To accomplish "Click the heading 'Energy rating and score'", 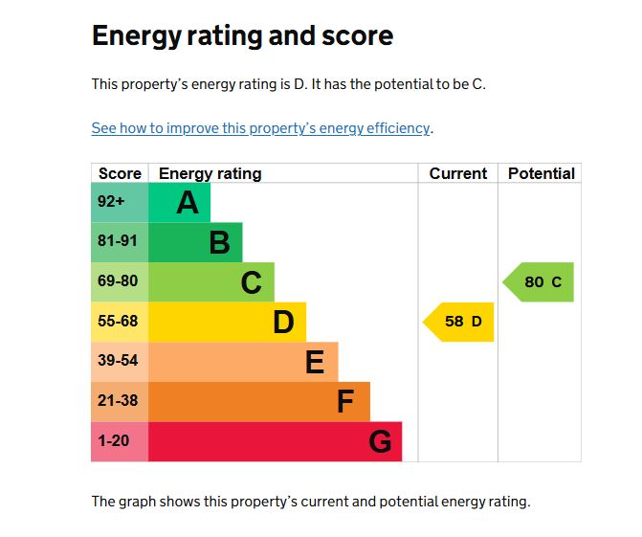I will point(242,36).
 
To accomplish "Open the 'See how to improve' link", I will point(260,128).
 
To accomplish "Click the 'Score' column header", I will point(120,173).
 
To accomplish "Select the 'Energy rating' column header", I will point(210,173).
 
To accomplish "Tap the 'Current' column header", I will point(458,173).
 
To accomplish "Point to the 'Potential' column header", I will point(541,173).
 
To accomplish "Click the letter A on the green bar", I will point(188,203).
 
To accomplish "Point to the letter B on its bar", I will point(219,243).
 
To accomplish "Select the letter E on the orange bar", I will point(315,363).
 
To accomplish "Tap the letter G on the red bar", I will point(380,442).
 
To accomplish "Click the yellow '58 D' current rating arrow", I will point(460,322).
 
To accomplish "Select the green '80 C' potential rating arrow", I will point(541,282).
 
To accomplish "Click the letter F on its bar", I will point(345,402).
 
